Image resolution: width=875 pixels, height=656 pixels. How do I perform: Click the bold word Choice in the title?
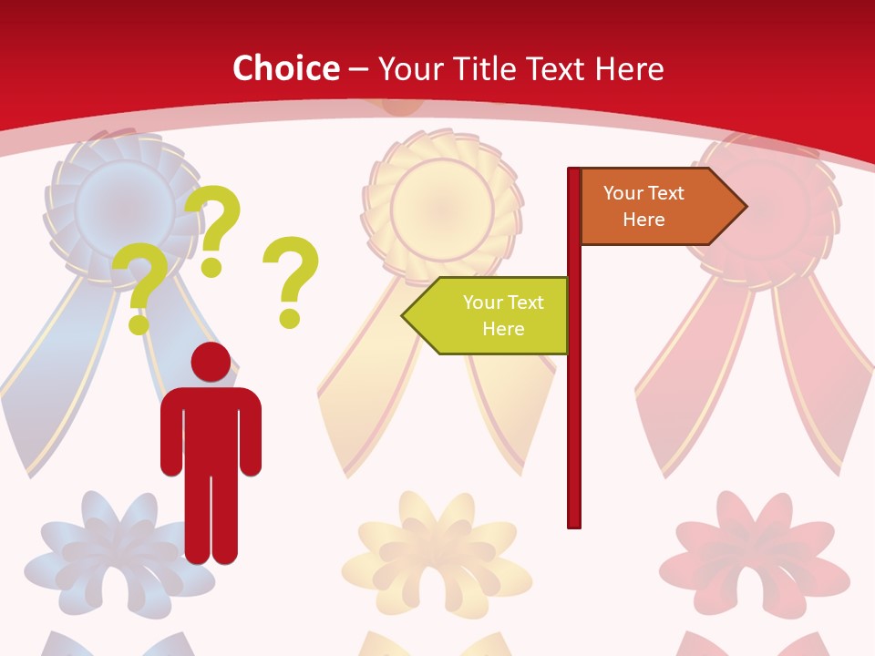click(285, 69)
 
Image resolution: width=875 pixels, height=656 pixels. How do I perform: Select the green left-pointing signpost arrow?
click(488, 315)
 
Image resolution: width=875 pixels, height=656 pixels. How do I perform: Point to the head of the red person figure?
click(211, 362)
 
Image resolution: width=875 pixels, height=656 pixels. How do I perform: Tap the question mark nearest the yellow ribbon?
click(291, 281)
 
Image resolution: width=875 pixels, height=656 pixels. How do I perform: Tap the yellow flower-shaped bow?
click(438, 548)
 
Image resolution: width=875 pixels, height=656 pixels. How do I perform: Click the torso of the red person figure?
click(211, 428)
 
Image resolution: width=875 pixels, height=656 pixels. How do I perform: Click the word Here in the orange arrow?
click(643, 220)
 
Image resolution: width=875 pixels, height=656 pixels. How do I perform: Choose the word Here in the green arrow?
click(503, 329)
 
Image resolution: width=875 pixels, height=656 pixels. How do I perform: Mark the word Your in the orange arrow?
click(622, 193)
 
